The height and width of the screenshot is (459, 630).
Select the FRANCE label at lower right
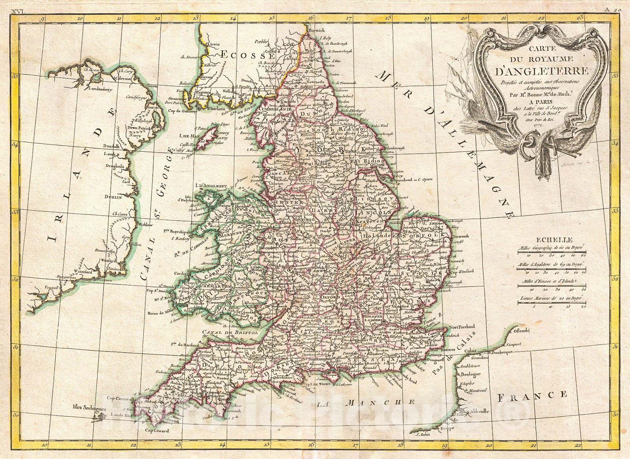pos(532,395)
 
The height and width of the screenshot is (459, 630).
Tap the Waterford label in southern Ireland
pos(94,271)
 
